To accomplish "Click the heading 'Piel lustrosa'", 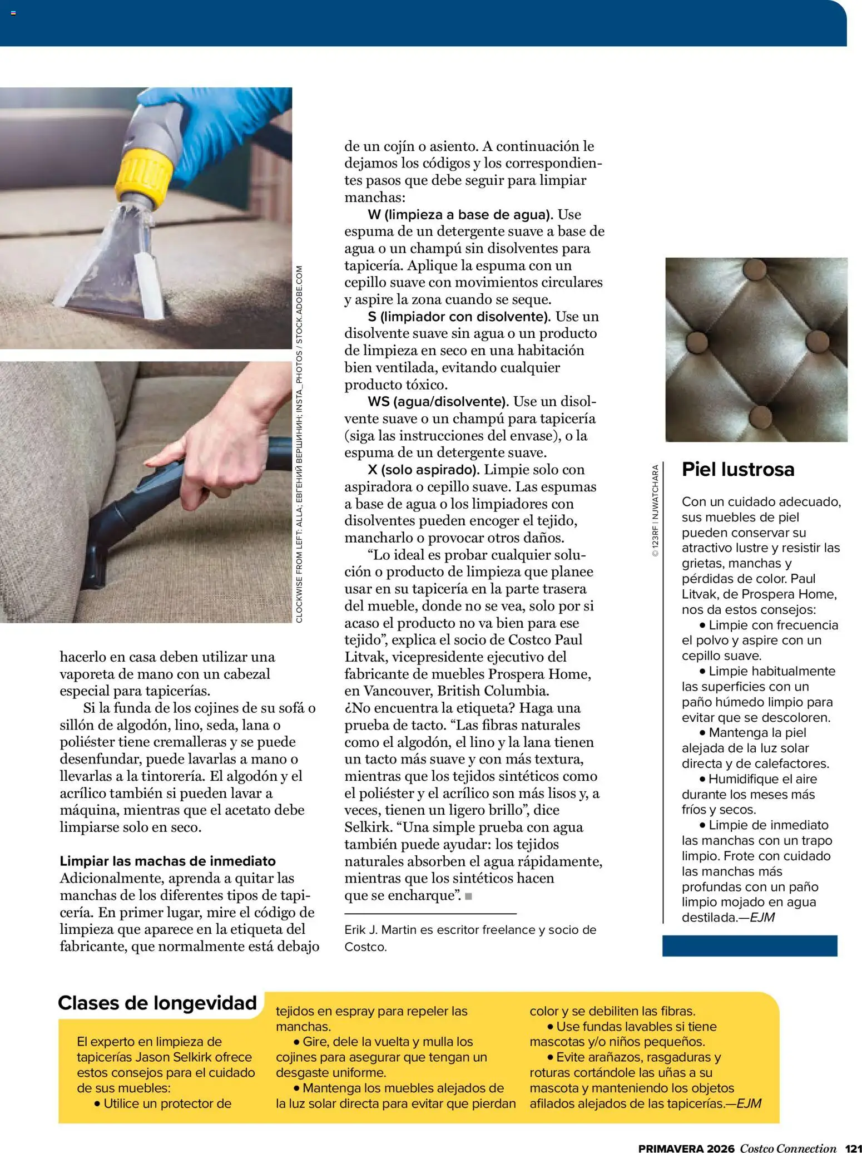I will pos(737,470).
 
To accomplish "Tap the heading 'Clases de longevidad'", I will pos(157,1003).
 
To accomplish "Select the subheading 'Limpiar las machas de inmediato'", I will pos(167,861).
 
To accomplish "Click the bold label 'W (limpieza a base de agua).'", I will pos(460,214).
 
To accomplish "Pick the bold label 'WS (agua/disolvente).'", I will pos(438,402).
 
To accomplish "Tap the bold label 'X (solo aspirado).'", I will pos(423,470).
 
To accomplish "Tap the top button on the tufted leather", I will pos(755,269).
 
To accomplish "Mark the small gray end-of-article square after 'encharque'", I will pos(468,896).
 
